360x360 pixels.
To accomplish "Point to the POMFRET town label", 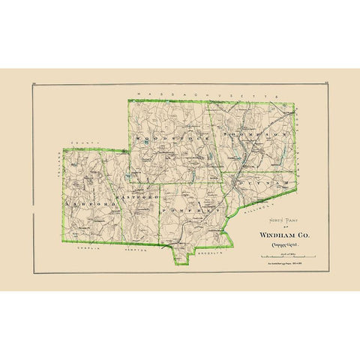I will point(194,212).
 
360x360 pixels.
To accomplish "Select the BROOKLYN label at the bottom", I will point(206,254).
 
